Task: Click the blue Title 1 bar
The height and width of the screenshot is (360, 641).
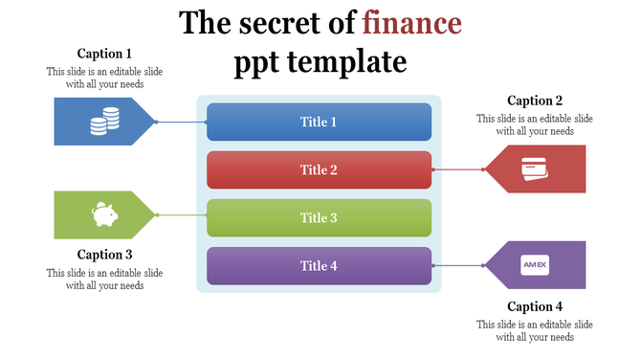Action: [319, 122]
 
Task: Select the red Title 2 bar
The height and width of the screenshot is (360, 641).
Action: [319, 169]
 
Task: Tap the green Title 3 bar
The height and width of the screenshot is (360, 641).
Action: [319, 217]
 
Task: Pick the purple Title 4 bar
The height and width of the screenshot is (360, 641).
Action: [319, 265]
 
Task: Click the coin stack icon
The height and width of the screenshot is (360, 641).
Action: [104, 121]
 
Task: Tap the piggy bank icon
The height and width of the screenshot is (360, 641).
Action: [104, 214]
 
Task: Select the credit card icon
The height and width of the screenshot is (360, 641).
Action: [535, 169]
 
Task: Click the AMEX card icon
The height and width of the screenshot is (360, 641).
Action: [535, 265]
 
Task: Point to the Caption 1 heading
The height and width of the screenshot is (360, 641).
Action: [104, 54]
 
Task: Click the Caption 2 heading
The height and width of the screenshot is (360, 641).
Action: [535, 101]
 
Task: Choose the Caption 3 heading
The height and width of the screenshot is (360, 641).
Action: [104, 255]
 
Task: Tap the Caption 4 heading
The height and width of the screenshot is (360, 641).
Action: [535, 307]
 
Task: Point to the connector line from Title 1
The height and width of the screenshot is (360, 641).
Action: [182, 122]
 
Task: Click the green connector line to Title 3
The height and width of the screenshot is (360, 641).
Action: [182, 215]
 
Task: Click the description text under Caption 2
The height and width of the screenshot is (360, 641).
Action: [535, 125]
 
